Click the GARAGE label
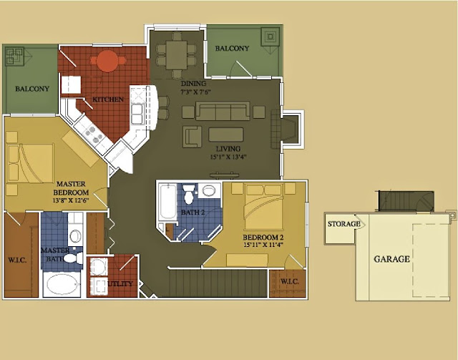click(391, 259)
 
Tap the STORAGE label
click(343, 224)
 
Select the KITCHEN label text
click(108, 99)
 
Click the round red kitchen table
click(108, 61)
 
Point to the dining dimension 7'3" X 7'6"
click(195, 92)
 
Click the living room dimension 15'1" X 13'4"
click(228, 157)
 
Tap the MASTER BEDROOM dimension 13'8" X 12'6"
click(71, 200)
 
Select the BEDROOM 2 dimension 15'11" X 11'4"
click(263, 245)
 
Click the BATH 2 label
click(193, 212)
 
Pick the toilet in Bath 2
click(189, 195)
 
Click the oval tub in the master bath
click(62, 284)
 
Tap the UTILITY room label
click(120, 283)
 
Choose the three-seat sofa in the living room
click(223, 111)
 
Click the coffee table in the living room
click(226, 135)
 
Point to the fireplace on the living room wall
click(286, 129)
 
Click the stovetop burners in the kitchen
click(93, 135)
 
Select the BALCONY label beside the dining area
click(232, 48)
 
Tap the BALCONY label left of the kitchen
click(32, 89)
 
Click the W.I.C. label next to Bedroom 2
click(290, 282)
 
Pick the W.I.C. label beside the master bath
click(17, 260)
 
